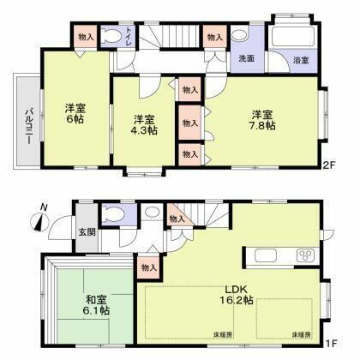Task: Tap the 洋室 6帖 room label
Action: (x=75, y=115)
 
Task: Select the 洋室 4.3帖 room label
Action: (x=143, y=125)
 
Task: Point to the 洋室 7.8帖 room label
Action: (x=262, y=120)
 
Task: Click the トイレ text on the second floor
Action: (x=129, y=37)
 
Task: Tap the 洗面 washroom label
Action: (x=246, y=58)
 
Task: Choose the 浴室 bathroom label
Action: (x=301, y=59)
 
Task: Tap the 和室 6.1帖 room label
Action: (x=93, y=306)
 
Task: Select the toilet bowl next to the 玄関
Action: (x=111, y=215)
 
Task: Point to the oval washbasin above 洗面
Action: (x=240, y=37)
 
